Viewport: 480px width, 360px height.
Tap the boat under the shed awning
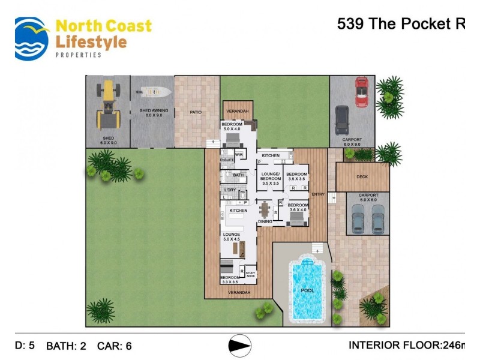154,92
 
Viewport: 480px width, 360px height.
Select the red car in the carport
361,91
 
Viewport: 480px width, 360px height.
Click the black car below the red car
342,120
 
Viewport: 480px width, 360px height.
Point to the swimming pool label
307,290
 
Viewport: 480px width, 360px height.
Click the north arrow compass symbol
240,346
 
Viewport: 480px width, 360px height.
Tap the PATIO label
196,112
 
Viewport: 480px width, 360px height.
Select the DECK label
361,177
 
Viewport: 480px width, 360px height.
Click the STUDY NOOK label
250,275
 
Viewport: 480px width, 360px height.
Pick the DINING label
265,221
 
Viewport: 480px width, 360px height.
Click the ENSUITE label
226,160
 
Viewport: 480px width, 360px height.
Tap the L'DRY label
230,190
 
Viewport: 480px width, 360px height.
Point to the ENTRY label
318,194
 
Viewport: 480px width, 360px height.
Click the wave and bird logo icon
32,38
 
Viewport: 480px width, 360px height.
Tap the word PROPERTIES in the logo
78,55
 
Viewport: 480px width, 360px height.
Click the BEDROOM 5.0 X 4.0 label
232,127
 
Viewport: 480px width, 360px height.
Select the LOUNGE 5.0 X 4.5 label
232,236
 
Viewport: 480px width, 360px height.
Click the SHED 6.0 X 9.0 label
108,141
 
